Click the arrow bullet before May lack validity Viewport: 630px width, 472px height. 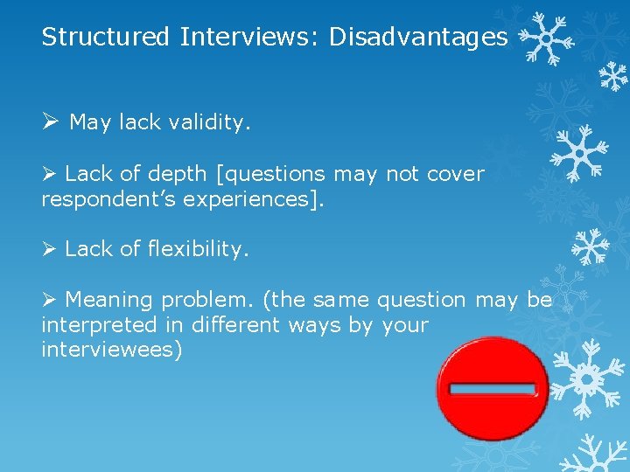pyautogui.click(x=50, y=122)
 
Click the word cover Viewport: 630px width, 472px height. pyautogui.click(x=455, y=174)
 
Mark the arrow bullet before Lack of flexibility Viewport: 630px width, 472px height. pyautogui.click(x=50, y=249)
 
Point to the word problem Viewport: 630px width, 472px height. pyautogui.click(x=207, y=300)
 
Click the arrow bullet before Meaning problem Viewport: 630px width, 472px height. pyautogui.click(x=50, y=300)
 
